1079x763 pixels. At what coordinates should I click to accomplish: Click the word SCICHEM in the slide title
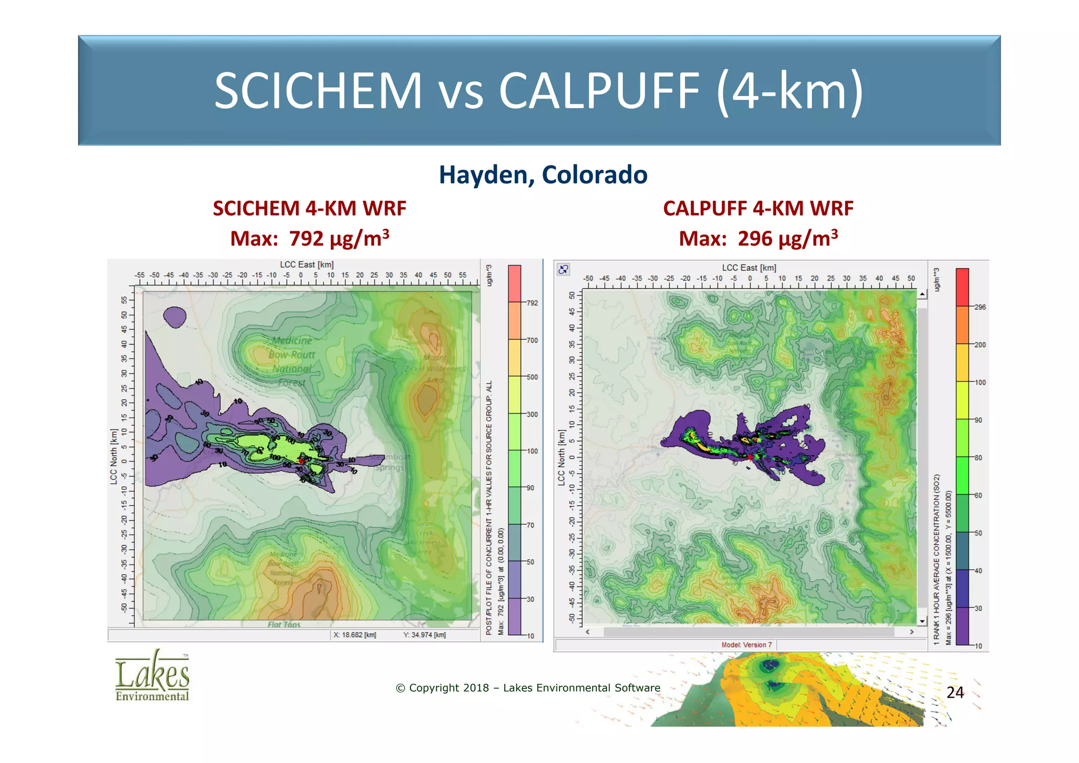318,91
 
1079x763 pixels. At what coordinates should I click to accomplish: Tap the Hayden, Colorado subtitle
543,175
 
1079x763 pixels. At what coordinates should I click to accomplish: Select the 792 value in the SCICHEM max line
306,239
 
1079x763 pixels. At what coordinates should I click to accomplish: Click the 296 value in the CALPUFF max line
754,239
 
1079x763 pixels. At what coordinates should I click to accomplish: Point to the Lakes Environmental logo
152,676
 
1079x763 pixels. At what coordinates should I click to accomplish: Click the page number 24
955,692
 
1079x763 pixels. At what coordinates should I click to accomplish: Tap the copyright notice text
528,688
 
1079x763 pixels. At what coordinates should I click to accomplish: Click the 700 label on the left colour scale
532,340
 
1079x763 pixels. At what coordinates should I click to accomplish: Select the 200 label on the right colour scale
980,345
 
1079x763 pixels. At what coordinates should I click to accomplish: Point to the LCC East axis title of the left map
307,265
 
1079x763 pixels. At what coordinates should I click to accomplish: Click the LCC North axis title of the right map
562,457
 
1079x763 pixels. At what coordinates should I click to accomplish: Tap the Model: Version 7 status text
747,645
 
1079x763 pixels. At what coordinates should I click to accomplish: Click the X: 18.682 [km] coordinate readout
355,635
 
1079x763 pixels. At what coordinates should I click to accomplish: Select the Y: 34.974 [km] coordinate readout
425,635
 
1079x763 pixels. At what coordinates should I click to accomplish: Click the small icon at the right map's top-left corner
563,269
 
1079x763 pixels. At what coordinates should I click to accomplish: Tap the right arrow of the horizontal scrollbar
911,632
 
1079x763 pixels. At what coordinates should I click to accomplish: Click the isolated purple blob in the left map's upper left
174,317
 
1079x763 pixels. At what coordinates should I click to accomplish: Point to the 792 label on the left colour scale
532,303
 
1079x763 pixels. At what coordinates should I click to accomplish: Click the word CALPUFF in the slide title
600,91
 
